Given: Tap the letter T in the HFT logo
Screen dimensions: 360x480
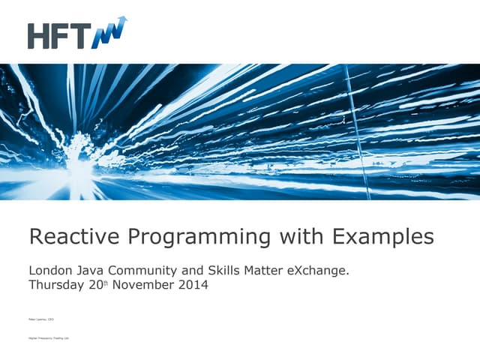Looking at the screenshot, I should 82,36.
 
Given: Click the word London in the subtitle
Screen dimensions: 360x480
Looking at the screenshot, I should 51,270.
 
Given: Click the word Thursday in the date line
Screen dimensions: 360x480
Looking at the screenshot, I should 58,285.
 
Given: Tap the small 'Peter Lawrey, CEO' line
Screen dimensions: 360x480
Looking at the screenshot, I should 41,319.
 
